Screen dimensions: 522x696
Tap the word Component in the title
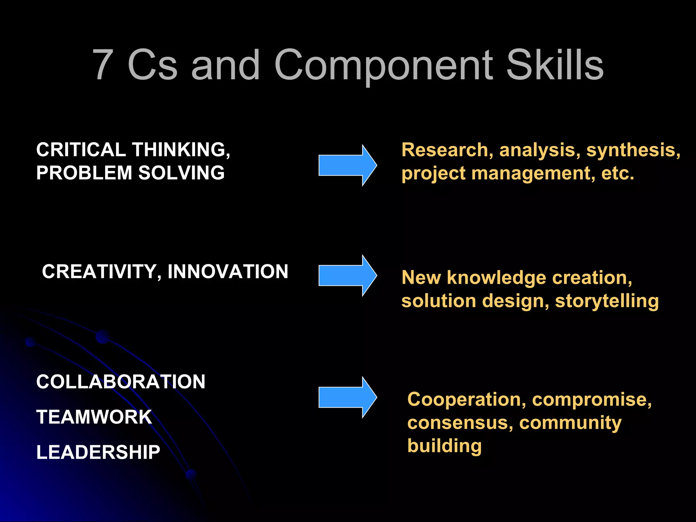pyautogui.click(x=383, y=66)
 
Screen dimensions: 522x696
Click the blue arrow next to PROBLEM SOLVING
pyautogui.click(x=347, y=165)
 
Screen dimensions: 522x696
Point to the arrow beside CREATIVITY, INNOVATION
pyautogui.click(x=347, y=275)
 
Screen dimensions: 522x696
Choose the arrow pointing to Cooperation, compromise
pyautogui.click(x=347, y=397)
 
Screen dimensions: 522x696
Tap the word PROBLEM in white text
pyautogui.click(x=84, y=173)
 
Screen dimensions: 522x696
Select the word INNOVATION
pyautogui.click(x=228, y=272)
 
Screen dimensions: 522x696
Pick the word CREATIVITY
pyautogui.click(x=99, y=272)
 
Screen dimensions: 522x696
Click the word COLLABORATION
pyautogui.click(x=121, y=382)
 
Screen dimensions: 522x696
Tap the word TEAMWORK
pyautogui.click(x=94, y=417)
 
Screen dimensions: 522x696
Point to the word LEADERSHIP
pyautogui.click(x=98, y=452)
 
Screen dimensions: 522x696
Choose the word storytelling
pyautogui.click(x=607, y=301)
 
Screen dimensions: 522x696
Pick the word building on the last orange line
pyautogui.click(x=445, y=446)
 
